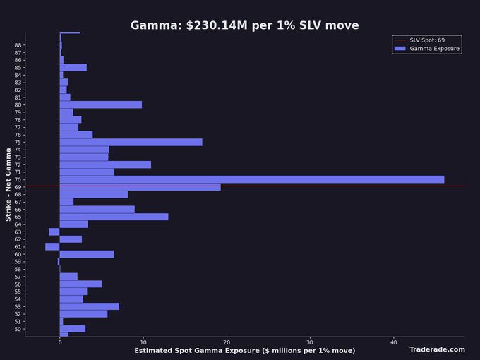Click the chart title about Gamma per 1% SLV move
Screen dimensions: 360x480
(x=244, y=25)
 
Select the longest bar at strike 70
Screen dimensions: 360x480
(x=251, y=179)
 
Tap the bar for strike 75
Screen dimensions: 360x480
(x=131, y=142)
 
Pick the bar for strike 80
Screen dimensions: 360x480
(x=100, y=104)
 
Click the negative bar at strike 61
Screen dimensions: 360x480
(x=52, y=246)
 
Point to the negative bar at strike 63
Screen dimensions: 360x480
(x=54, y=232)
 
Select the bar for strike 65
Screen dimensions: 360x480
(x=114, y=217)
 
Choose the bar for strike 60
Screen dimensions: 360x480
(x=86, y=254)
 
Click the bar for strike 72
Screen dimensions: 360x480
(x=105, y=164)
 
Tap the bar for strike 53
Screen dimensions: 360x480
(x=89, y=306)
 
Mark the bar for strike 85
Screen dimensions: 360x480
(x=73, y=67)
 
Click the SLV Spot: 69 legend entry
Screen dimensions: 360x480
(x=426, y=40)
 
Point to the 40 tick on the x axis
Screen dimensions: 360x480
(x=394, y=342)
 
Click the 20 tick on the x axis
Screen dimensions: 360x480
(x=227, y=342)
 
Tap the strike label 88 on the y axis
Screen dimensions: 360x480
(x=18, y=45)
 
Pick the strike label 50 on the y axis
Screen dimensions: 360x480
(x=18, y=329)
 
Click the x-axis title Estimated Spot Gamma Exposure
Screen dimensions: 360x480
(x=244, y=351)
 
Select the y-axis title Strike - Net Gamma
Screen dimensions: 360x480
(x=9, y=184)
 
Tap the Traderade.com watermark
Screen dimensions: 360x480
(x=437, y=349)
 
